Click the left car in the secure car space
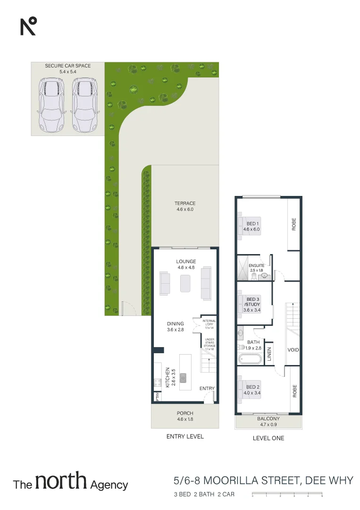pyautogui.click(x=51, y=105)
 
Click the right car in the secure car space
pyautogui.click(x=84, y=105)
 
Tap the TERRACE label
pyautogui.click(x=185, y=204)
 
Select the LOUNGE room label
pyautogui.click(x=186, y=262)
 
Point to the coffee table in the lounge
pyautogui.click(x=184, y=284)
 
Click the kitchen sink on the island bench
pyautogui.click(x=183, y=377)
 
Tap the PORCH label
pyautogui.click(x=185, y=413)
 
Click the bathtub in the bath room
pyautogui.click(x=250, y=359)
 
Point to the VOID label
pyautogui.click(x=293, y=350)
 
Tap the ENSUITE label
pyautogui.click(x=257, y=266)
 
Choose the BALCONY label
pyautogui.click(x=268, y=419)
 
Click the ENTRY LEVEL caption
pyautogui.click(x=185, y=437)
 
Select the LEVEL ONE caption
pyautogui.click(x=268, y=438)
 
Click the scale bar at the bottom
pyautogui.click(x=287, y=495)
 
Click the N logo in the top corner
pyautogui.click(x=28, y=26)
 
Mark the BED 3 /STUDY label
pyautogui.click(x=253, y=302)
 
